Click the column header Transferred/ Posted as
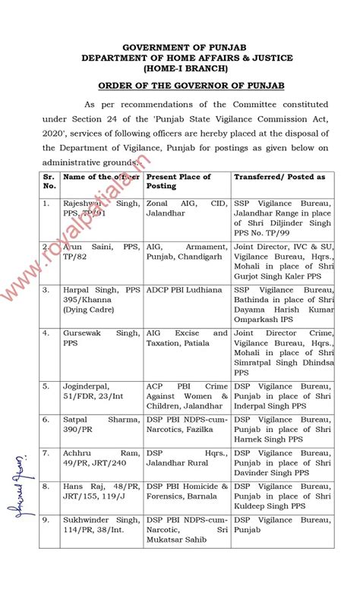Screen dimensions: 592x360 [x=279, y=177]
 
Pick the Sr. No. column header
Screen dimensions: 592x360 [x=49, y=181]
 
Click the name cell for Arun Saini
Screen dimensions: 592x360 [x=101, y=251]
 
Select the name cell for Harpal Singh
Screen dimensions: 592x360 [x=101, y=296]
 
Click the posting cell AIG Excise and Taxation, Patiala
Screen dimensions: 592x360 [x=187, y=338]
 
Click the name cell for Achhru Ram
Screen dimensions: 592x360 [x=101, y=458]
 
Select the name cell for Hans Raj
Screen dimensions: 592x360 [x=101, y=490]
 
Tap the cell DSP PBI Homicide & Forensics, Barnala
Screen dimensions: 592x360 [x=187, y=490]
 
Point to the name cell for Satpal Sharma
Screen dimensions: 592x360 [x=101, y=424]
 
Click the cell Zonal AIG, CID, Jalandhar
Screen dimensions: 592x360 [x=187, y=209]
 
